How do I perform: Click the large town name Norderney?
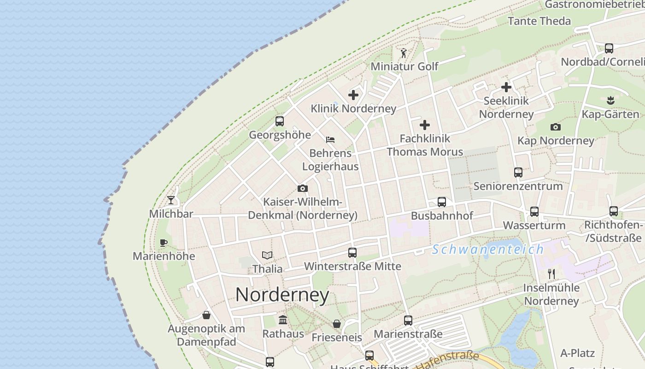[x=282, y=295]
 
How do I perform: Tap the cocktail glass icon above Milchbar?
[x=171, y=200]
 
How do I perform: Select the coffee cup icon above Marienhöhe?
[x=163, y=243]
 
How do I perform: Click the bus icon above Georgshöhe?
[x=279, y=121]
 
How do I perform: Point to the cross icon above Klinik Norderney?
[x=353, y=95]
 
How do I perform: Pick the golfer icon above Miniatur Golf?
[x=404, y=53]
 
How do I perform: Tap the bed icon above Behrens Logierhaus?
[x=330, y=139]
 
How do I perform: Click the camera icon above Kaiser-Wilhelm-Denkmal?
[x=302, y=188]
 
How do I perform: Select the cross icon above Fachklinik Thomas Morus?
[x=425, y=125]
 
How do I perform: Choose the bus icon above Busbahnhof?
[x=441, y=202]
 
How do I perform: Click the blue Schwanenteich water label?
[x=488, y=250]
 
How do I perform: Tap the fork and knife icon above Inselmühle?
[x=551, y=274]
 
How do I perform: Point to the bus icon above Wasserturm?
[x=534, y=212]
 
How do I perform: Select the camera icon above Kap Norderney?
[x=556, y=127]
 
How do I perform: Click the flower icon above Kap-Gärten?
[x=610, y=100]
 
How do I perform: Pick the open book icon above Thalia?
[x=267, y=255]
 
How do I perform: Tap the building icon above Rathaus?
[x=283, y=320]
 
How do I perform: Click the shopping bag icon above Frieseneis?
[x=337, y=324]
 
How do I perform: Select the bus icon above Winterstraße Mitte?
[x=352, y=253]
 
